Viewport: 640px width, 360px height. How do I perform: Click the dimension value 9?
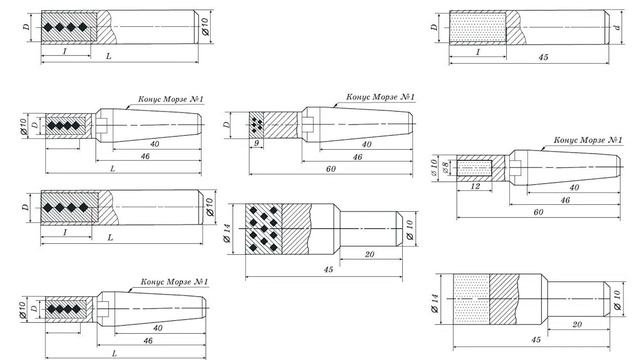click(x=256, y=143)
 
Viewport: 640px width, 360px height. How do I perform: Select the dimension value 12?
click(x=475, y=187)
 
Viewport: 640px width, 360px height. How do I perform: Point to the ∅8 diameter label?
click(x=446, y=167)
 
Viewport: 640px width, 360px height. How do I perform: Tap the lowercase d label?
click(x=618, y=27)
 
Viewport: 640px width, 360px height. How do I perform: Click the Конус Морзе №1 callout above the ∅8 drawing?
click(x=588, y=140)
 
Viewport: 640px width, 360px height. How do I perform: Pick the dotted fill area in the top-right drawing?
click(x=478, y=28)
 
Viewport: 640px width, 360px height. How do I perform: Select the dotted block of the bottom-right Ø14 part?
click(x=471, y=299)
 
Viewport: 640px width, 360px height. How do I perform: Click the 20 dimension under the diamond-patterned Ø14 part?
click(x=369, y=254)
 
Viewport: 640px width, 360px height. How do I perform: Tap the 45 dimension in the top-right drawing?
click(x=543, y=57)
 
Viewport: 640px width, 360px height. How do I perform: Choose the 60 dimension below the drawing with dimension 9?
click(x=331, y=169)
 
